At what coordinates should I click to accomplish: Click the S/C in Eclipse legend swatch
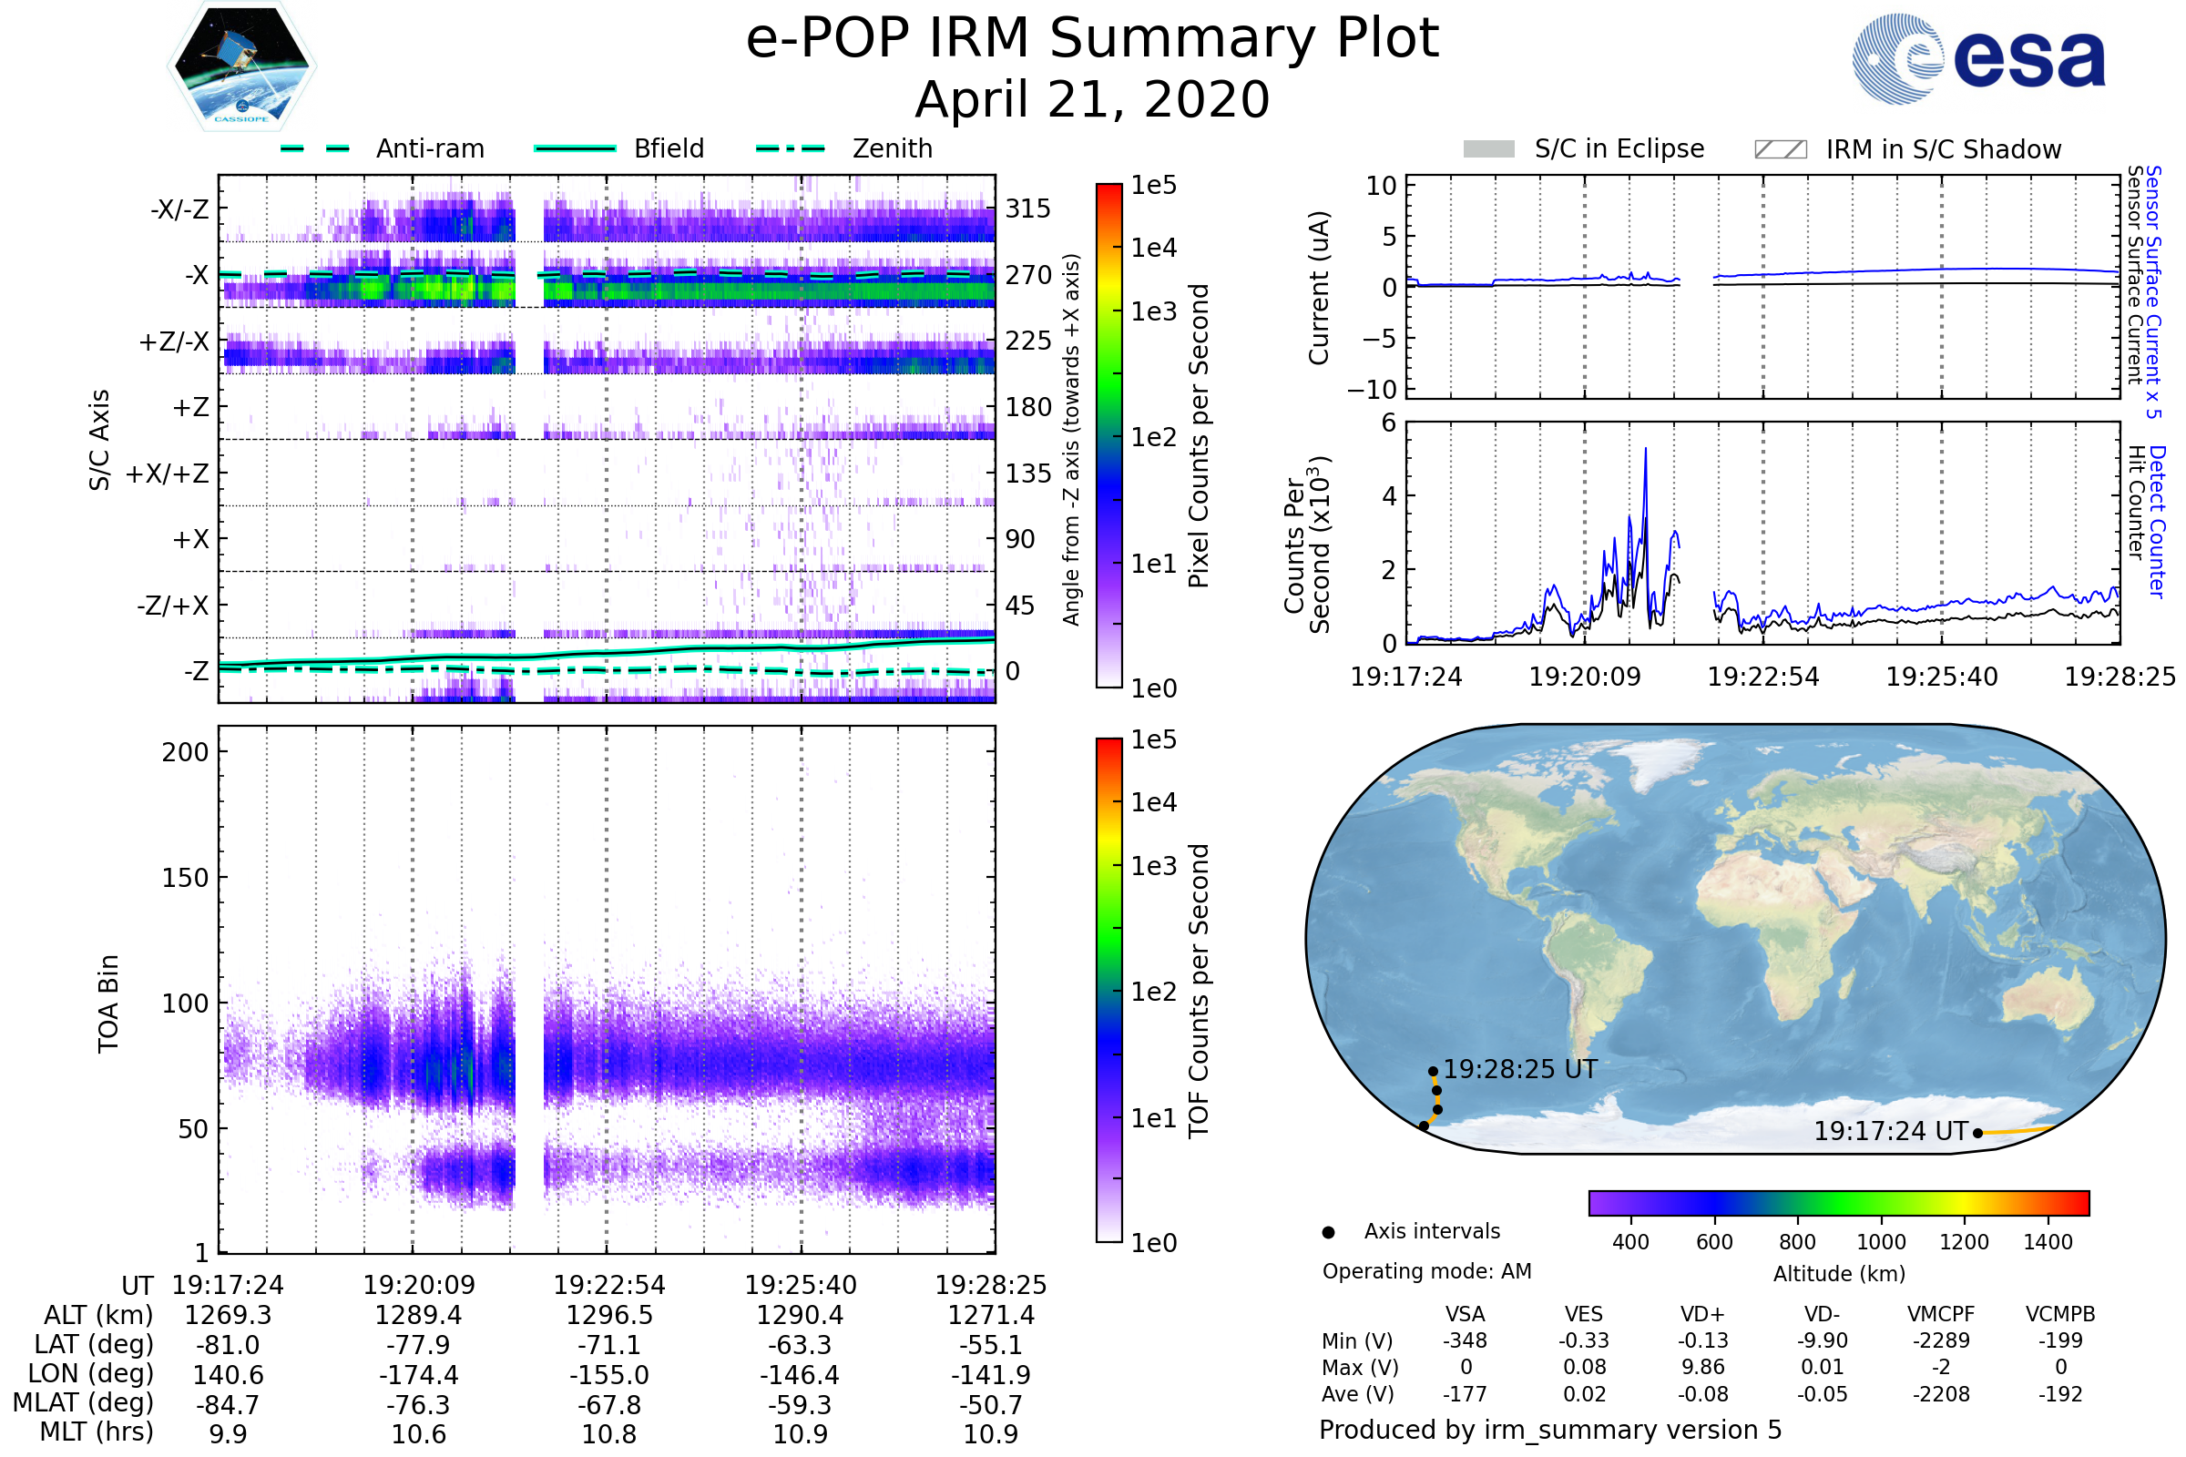pos(1488,148)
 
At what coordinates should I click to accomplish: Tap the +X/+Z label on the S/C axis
pos(168,474)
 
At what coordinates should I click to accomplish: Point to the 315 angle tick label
pos(1027,209)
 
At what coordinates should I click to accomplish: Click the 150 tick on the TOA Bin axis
pos(185,878)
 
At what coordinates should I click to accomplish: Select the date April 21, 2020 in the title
pos(1092,100)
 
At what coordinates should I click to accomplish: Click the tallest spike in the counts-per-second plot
pos(1645,450)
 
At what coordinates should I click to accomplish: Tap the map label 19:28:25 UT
pos(1519,1069)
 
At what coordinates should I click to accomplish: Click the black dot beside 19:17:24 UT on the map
pos(1977,1133)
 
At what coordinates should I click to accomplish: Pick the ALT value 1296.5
pos(608,1316)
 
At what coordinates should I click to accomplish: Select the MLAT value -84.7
pos(228,1405)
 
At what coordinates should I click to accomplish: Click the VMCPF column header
pos(1941,1315)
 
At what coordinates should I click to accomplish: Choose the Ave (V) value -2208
pos(1941,1395)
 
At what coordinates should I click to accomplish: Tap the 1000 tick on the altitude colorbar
pos(1881,1242)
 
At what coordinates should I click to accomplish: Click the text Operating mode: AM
pos(1426,1271)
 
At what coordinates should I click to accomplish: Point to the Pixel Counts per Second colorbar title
pos(1199,436)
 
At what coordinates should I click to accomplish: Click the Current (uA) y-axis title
pos(1319,288)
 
